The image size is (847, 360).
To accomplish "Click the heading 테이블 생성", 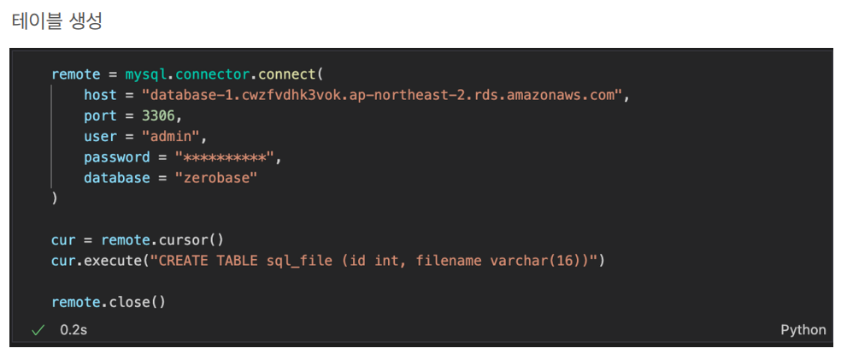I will click(56, 21).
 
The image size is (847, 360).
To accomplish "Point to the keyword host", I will click(100, 95).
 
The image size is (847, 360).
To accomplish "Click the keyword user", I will click(100, 136).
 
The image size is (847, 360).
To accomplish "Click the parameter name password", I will click(116, 157).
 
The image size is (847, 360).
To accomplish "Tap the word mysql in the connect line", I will click(145, 74).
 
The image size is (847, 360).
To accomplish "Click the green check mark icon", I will click(38, 329).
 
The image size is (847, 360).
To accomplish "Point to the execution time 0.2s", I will click(74, 329).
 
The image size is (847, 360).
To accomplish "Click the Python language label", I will click(803, 329).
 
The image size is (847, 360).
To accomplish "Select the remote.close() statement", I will click(108, 302).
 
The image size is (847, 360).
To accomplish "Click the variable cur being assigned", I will click(63, 240).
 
